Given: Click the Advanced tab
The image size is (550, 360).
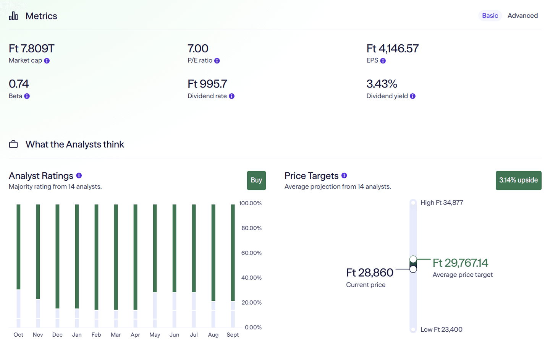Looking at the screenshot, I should [522, 16].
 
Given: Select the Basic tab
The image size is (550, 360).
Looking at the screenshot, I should [490, 16].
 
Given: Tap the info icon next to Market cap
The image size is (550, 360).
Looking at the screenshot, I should [47, 61].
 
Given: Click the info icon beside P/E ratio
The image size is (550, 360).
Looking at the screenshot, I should [217, 61].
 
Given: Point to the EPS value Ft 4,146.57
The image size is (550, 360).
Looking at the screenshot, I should [392, 49].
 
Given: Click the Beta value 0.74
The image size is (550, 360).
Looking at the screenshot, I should [19, 84].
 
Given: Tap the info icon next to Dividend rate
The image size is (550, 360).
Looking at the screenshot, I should [231, 96].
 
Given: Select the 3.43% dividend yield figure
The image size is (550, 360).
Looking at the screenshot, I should [382, 84].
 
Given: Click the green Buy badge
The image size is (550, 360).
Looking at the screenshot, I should [256, 180].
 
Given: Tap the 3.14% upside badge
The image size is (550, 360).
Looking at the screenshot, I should [518, 180].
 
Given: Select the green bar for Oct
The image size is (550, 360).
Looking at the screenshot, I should [18, 246].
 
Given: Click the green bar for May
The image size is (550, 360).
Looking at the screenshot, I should [155, 248].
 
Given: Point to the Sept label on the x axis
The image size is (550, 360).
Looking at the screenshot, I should [233, 335].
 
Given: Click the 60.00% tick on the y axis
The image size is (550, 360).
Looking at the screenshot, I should [251, 253].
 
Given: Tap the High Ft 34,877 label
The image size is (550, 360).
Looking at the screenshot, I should [442, 203].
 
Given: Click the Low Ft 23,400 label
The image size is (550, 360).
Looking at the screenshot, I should [441, 329].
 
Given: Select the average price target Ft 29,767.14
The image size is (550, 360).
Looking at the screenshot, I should [460, 263].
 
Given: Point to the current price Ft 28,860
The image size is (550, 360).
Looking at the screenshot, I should [369, 272].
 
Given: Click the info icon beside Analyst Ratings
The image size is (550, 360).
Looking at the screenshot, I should [79, 175].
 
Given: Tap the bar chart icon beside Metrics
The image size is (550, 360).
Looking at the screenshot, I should [13, 16].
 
